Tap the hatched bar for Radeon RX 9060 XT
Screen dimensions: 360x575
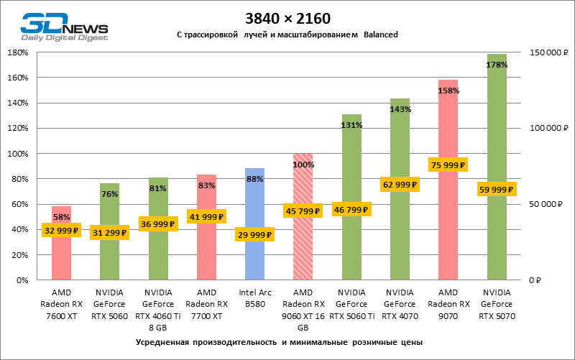tap(303, 244)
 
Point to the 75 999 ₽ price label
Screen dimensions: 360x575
tap(448, 165)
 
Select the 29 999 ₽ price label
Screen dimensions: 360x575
tap(255, 235)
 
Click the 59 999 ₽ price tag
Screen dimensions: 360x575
tap(497, 190)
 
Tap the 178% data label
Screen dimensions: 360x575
tap(497, 65)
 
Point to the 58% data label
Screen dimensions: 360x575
tap(62, 216)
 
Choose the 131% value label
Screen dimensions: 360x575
tap(351, 124)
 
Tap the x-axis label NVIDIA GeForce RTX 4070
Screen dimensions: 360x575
tap(400, 304)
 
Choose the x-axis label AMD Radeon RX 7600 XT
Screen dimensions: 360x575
tap(62, 304)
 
